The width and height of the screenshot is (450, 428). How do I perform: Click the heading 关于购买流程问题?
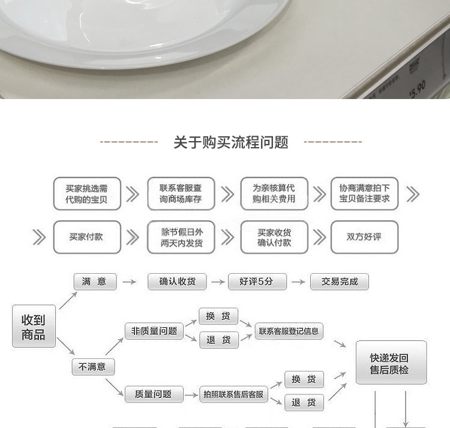pyautogui.click(x=231, y=142)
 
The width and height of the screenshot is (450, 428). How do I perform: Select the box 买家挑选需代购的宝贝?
pyautogui.click(x=87, y=193)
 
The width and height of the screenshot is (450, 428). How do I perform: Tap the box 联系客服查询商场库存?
pyautogui.click(x=181, y=193)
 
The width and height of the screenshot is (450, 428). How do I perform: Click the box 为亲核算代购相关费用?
pyautogui.click(x=274, y=193)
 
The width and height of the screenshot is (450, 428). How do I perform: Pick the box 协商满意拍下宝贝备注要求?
pyautogui.click(x=364, y=193)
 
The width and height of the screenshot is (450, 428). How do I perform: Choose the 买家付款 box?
pyautogui.click(x=87, y=237)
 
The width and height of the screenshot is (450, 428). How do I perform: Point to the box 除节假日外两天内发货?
pyautogui.click(x=181, y=237)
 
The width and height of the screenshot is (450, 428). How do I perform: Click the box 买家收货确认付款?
pyautogui.click(x=274, y=237)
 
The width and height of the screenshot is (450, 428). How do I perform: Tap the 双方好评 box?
pyautogui.click(x=364, y=237)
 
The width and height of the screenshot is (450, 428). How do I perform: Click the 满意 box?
pyautogui.click(x=94, y=282)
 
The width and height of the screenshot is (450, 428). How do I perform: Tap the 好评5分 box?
pyautogui.click(x=257, y=282)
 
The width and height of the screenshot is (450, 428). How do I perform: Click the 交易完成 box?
pyautogui.click(x=340, y=282)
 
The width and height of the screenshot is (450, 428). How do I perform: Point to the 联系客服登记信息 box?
pyautogui.click(x=289, y=331)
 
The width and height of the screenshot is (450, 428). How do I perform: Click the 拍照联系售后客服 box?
pyautogui.click(x=233, y=394)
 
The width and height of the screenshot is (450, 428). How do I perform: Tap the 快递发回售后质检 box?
pyautogui.click(x=391, y=363)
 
